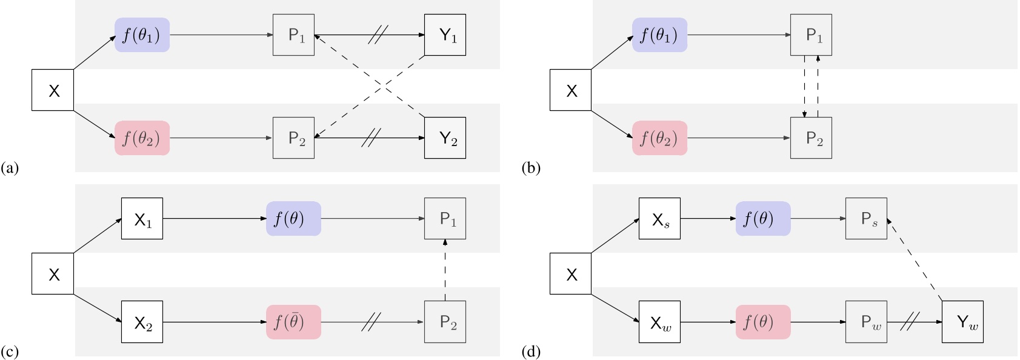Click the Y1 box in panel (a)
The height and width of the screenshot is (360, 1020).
click(445, 35)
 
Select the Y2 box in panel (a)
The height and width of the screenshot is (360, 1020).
click(445, 138)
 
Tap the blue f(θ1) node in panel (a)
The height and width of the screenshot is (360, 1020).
click(142, 35)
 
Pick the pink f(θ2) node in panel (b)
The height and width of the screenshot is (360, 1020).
click(659, 138)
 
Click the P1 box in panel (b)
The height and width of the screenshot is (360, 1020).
click(811, 35)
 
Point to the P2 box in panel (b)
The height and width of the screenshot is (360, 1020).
click(811, 138)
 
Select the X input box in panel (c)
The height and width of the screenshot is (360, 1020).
click(53, 274)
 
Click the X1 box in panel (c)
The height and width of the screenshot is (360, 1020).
click(142, 219)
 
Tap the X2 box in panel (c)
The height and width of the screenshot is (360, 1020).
click(142, 322)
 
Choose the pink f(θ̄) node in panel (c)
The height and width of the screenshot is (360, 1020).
click(293, 322)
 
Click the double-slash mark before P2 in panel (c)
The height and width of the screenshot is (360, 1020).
click(370, 322)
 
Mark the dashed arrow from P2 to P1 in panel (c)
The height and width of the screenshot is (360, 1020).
click(445, 270)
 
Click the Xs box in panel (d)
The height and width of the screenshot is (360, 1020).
click(659, 219)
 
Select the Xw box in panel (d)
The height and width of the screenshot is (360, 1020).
click(659, 322)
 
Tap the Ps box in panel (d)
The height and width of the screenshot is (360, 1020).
click(866, 219)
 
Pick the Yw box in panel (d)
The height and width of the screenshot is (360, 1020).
click(962, 322)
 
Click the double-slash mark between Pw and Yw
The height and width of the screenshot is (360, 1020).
click(910, 322)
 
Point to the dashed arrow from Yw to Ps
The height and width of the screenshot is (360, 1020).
click(915, 261)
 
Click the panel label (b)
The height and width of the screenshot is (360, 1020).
click(530, 168)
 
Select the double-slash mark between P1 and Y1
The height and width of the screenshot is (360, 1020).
click(378, 35)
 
